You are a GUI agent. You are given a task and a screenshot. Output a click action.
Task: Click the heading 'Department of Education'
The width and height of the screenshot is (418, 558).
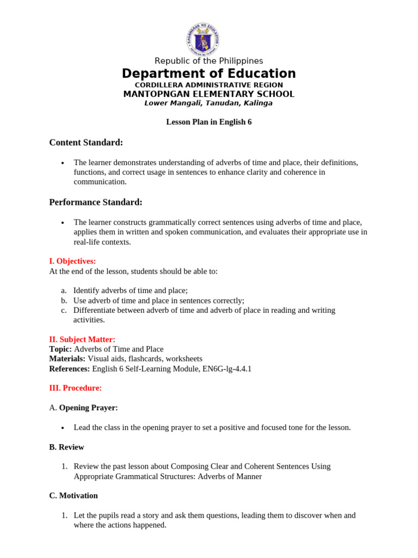(208, 74)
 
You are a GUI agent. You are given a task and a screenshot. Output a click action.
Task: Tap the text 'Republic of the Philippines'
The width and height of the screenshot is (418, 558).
(208, 61)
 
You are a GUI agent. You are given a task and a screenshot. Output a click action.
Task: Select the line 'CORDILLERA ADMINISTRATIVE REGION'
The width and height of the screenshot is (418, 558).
(208, 85)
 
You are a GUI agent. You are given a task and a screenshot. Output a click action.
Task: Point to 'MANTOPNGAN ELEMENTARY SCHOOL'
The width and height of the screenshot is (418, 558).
(208, 94)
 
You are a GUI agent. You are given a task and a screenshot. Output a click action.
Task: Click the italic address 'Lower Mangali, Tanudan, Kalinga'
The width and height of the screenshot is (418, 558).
(208, 103)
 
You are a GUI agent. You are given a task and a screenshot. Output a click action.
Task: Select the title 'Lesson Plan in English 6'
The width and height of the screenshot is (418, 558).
(208, 122)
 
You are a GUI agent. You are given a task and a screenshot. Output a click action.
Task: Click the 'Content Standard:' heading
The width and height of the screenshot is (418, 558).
(86, 143)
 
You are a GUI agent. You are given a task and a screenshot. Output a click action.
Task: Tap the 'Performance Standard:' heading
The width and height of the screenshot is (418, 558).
(96, 202)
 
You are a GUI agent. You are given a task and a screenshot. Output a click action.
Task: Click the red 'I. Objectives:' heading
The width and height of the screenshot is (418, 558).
(72, 261)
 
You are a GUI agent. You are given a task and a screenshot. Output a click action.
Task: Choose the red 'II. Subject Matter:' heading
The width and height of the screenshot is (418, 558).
(82, 339)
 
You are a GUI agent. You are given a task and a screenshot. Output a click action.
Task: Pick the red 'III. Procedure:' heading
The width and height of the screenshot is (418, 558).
(75, 388)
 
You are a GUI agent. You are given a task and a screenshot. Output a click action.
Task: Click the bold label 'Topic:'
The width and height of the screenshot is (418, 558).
(60, 349)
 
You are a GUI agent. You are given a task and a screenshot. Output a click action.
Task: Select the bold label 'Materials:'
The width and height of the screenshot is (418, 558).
(67, 359)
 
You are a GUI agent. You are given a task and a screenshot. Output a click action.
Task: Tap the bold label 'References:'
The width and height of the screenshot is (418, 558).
(69, 369)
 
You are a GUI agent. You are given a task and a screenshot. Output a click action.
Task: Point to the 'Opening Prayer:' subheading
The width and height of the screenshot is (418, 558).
(88, 408)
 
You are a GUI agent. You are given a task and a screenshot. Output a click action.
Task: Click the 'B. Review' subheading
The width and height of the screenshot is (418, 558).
(66, 447)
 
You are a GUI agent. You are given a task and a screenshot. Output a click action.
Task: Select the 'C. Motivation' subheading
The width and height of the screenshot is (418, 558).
(73, 495)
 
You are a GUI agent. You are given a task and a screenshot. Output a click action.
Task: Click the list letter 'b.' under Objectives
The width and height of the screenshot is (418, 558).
(64, 300)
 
